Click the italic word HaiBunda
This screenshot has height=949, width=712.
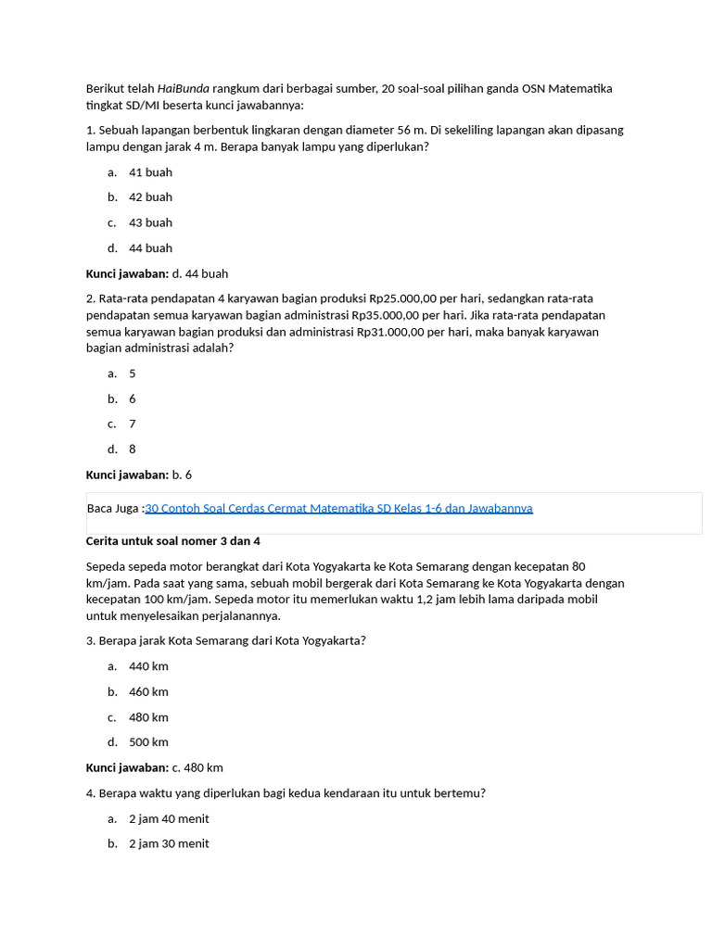point(184,88)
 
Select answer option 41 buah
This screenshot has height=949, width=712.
point(150,172)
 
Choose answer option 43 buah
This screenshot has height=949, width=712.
point(150,222)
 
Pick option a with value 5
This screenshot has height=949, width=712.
point(132,373)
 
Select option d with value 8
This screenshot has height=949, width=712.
point(132,449)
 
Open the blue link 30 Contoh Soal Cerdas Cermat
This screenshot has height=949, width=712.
point(338,508)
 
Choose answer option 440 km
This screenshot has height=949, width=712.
point(148,666)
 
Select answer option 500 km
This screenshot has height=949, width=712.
point(148,742)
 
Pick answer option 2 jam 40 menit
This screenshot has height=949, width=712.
point(169,818)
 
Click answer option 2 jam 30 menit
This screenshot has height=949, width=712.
point(169,843)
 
